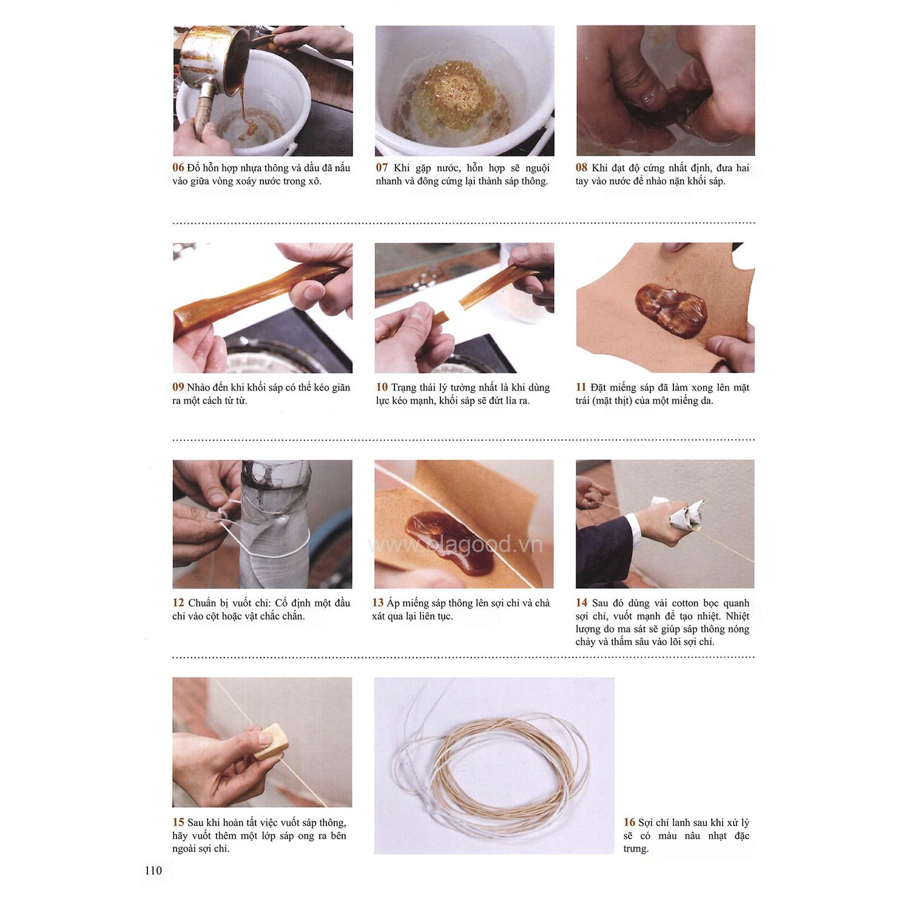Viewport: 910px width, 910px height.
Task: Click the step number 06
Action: (178, 168)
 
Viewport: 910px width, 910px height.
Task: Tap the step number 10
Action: (382, 387)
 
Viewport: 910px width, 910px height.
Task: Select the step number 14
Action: (581, 603)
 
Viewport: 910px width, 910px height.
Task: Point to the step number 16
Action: (629, 823)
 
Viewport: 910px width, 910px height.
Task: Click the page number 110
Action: (153, 871)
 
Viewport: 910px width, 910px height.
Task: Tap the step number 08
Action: (581, 168)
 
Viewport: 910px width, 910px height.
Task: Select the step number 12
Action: (178, 603)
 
